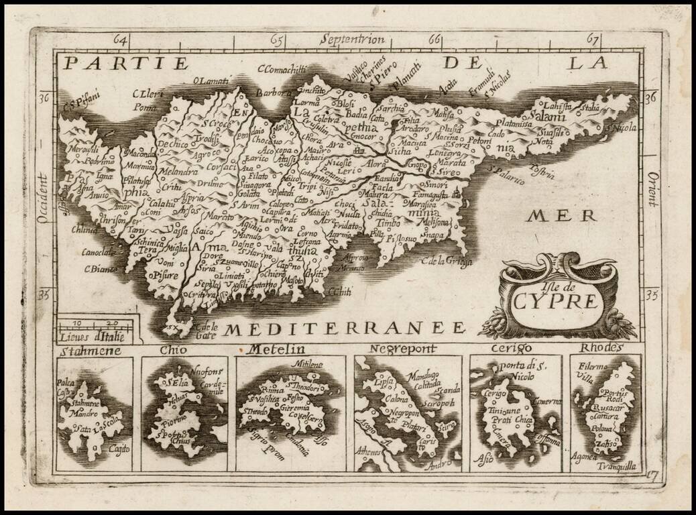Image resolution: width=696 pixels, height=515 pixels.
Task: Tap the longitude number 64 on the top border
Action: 121,39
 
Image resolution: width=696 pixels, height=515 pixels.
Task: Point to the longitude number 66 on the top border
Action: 434,39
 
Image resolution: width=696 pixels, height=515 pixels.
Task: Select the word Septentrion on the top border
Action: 353,39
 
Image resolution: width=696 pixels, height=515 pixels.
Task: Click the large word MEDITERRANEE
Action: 344,327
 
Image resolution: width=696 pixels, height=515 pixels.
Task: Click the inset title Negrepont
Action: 404,349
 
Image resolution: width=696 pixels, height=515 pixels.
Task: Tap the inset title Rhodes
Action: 602,347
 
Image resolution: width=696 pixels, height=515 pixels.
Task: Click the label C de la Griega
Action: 447,260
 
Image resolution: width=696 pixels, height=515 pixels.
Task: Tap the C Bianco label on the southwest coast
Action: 101,268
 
